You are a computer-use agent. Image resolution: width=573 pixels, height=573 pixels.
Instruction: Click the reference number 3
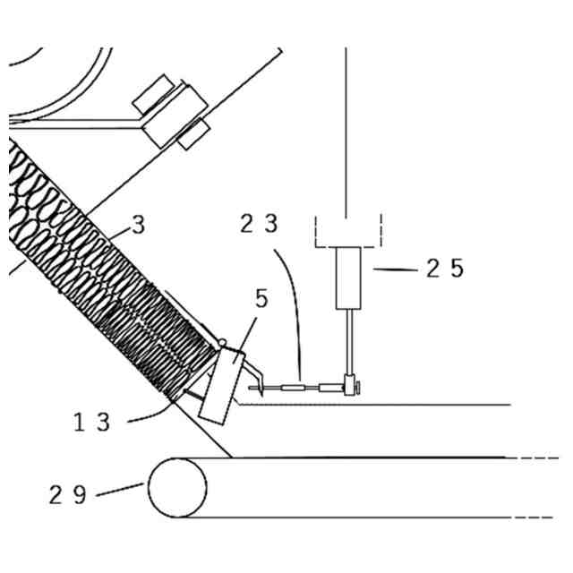pyautogui.click(x=138, y=224)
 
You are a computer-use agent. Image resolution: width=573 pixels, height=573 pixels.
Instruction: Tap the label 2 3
pyautogui.click(x=260, y=224)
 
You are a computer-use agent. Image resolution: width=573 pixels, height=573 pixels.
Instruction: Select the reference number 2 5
pyautogui.click(x=445, y=269)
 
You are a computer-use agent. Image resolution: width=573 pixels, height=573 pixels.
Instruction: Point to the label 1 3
pyautogui.click(x=92, y=423)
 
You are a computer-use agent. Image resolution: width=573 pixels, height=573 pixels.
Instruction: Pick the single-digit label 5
pyautogui.click(x=261, y=299)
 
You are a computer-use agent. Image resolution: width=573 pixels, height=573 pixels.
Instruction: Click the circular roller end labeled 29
pyautogui.click(x=177, y=488)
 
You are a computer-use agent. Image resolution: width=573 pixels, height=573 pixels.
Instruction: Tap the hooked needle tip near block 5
pyautogui.click(x=257, y=389)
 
